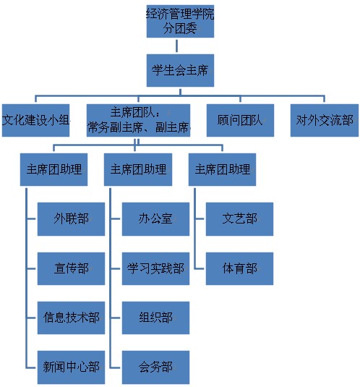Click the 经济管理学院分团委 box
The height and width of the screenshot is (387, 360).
(180, 21)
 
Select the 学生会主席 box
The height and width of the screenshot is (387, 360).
(180, 70)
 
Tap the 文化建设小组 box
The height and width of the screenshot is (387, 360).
(35, 120)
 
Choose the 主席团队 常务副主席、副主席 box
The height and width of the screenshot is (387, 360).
(138, 120)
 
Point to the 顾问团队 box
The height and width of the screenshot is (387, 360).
(240, 120)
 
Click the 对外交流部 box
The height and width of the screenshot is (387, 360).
(325, 120)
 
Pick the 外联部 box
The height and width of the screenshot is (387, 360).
(71, 219)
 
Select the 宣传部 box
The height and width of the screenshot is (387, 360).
(71, 268)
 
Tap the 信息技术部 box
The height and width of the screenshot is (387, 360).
(71, 318)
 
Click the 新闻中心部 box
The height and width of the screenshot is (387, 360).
(71, 367)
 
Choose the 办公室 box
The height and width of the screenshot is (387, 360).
(155, 219)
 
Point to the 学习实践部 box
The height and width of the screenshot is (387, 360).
(155, 268)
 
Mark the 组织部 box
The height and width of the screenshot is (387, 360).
(155, 318)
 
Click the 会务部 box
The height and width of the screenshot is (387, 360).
(155, 367)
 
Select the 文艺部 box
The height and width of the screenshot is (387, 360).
(239, 219)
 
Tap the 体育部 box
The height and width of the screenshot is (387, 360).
(239, 268)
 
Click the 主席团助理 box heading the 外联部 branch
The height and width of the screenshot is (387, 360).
(53, 169)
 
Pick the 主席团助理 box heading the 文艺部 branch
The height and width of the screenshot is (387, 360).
(222, 169)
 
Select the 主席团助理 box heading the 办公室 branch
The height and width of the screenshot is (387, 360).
(138, 169)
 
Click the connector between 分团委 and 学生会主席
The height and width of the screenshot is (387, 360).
(176, 46)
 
